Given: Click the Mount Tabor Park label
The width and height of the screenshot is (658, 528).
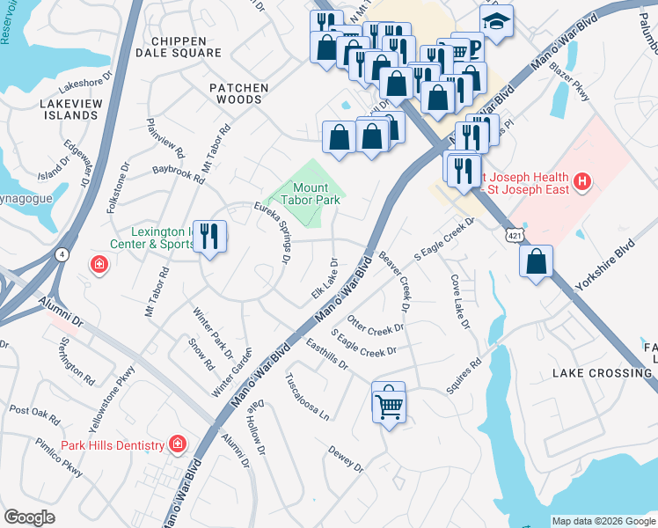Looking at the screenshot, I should click(311, 194).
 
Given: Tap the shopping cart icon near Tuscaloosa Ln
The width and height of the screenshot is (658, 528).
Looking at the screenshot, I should click(389, 404).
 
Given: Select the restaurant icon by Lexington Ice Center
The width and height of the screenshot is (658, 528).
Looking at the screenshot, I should click(209, 237).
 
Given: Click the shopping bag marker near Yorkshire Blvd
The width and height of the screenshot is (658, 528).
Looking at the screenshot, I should click(536, 261).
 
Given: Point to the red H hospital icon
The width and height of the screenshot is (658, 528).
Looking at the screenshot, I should click(581, 182).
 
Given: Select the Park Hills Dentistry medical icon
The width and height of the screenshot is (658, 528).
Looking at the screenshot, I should click(178, 445).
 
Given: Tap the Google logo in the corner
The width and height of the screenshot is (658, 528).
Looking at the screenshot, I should click(29, 517).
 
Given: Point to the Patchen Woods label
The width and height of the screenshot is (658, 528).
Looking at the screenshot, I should click(235, 94).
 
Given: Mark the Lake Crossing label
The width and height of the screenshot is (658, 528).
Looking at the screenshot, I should click(603, 373).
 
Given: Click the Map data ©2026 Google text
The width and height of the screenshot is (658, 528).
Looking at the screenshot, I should click(603, 521).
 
